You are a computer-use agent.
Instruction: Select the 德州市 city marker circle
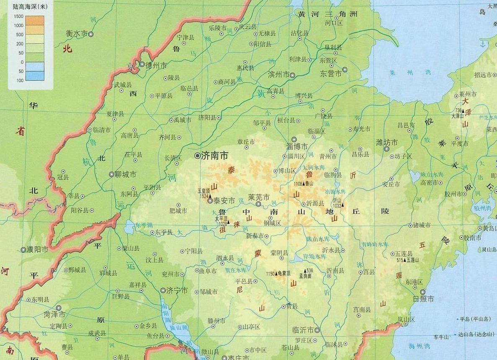142,65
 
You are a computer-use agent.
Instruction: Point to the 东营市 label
331,74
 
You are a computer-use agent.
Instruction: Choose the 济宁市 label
177,290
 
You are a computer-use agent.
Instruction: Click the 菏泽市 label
54,314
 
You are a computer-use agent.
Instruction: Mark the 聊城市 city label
126,174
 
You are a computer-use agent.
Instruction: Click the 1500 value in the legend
18,16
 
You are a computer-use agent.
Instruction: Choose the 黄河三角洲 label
328,14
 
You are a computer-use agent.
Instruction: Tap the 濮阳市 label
38,250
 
